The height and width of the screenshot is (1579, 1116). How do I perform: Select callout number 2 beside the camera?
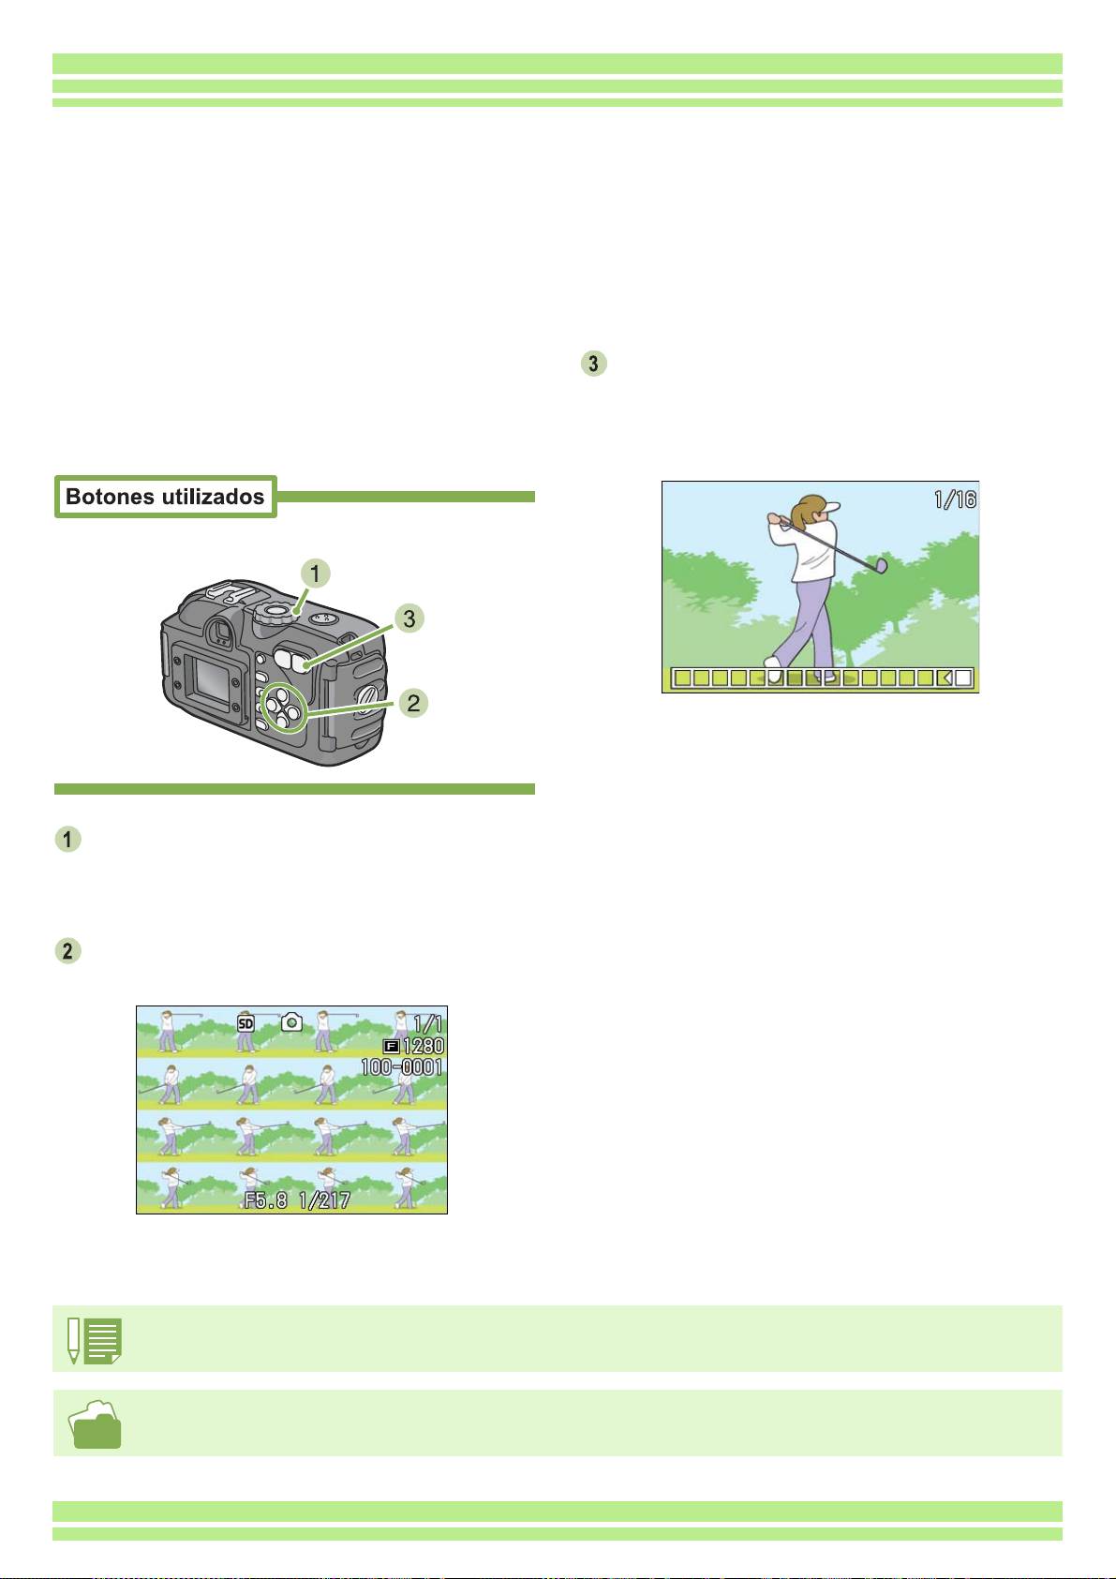coord(413,702)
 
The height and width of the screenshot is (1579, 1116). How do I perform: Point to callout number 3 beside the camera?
coord(409,618)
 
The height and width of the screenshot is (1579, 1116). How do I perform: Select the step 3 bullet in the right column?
coord(593,364)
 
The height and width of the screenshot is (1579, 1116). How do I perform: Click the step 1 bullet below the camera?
coord(67,839)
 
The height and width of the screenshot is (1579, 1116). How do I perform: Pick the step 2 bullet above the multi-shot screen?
coord(67,951)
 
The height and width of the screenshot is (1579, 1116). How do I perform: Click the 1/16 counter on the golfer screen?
coord(955,499)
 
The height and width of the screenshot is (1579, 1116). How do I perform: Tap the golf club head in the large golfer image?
coord(881,565)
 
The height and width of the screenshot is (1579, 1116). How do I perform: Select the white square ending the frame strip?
coord(963,678)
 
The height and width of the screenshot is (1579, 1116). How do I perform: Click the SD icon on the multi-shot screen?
coord(246,1023)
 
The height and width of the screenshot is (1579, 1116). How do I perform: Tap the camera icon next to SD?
coord(291,1022)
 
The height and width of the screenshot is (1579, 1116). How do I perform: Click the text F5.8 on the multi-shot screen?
coord(266,1199)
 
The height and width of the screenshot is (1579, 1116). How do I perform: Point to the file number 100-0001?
coord(402,1066)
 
